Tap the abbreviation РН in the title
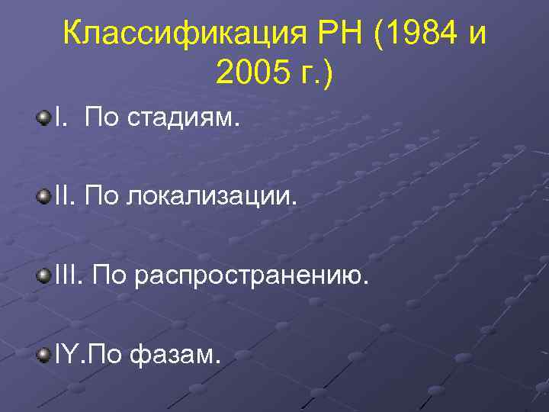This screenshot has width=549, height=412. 336,33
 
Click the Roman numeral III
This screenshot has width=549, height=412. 66,276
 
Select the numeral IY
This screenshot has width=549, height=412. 66,356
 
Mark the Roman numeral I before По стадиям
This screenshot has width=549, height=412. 58,117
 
